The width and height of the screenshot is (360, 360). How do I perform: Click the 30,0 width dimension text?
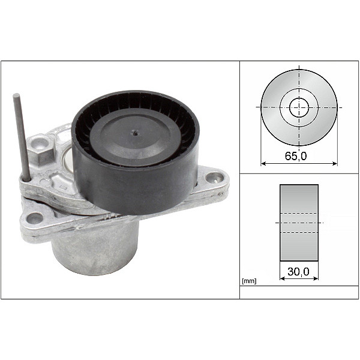[x=299, y=272]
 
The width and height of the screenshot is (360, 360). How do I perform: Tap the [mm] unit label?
[x=248, y=281]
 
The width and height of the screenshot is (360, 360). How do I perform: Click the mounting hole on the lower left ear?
[x=34, y=218]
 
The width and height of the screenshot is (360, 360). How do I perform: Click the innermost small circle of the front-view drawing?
[x=299, y=108]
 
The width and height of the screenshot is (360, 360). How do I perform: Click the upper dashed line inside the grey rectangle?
[x=299, y=214]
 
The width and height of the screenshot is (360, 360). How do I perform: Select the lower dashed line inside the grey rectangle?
[x=299, y=232]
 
